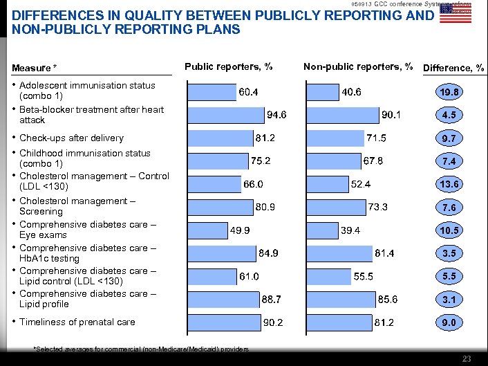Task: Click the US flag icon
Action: click(x=456, y=14)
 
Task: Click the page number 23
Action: click(x=467, y=358)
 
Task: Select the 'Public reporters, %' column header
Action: click(x=228, y=67)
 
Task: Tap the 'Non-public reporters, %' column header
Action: click(x=358, y=67)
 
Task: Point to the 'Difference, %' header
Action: click(x=453, y=68)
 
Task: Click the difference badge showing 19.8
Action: click(x=449, y=92)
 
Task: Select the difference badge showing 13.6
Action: click(x=449, y=184)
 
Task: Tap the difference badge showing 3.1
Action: click(x=449, y=300)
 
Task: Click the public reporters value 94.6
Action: click(x=277, y=114)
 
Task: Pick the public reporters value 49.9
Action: click(x=241, y=230)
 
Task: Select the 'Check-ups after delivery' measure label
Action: click(x=71, y=138)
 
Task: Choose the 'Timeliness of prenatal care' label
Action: click(x=77, y=322)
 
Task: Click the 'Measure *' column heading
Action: click(x=35, y=68)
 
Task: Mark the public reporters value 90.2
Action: click(x=274, y=322)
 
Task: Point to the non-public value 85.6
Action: click(x=387, y=299)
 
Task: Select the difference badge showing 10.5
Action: click(x=449, y=230)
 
